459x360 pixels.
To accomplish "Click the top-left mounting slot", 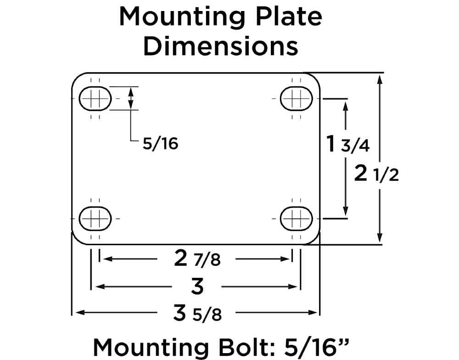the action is click(x=95, y=98).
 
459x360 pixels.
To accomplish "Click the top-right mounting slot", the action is click(x=297, y=98).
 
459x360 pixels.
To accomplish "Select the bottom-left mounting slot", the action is click(x=95, y=219).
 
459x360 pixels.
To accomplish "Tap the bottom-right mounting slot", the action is click(x=297, y=219).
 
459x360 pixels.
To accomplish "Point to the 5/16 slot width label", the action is click(x=160, y=144).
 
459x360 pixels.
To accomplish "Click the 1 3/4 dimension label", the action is click(x=348, y=144).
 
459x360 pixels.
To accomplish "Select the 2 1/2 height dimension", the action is click(x=376, y=174).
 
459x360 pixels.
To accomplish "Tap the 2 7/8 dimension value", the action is click(x=197, y=259).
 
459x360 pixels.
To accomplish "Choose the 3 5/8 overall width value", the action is click(x=197, y=313).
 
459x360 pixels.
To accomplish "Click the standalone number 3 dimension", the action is click(x=197, y=286).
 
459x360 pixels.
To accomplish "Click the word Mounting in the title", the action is click(x=182, y=17).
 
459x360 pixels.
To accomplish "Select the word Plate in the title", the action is click(x=289, y=17).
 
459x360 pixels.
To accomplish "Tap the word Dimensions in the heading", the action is click(x=221, y=46).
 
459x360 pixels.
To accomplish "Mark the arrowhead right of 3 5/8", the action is click(x=313, y=313).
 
